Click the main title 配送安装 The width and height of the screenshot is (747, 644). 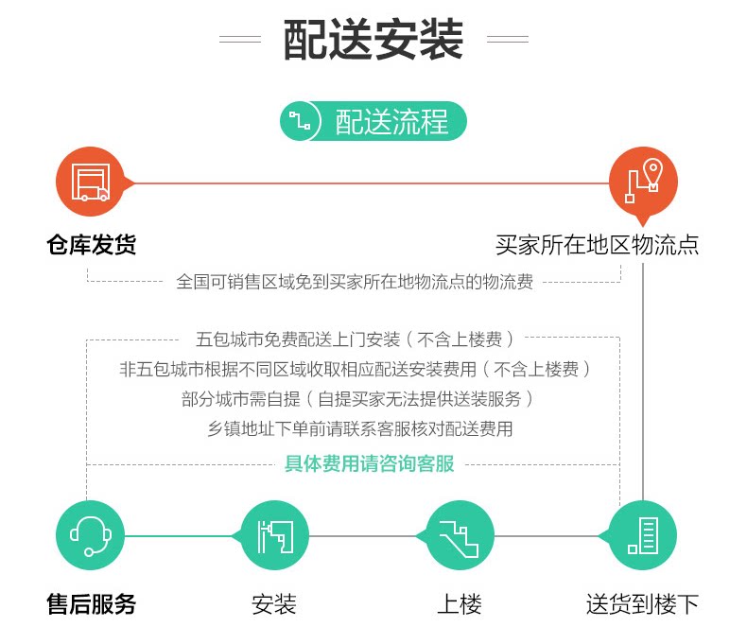coord(373,40)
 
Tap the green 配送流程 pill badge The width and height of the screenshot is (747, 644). coord(374,122)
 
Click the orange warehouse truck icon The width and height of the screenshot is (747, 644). coord(91,183)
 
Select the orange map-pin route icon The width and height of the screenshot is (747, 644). coord(642,183)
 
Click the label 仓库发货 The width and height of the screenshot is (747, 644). coord(91,246)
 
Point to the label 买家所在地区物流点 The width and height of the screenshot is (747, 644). coord(597,246)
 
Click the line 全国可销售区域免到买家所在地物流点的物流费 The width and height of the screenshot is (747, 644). coord(355,282)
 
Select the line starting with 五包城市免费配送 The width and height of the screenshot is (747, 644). coord(355,338)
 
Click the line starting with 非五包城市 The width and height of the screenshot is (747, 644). coord(355,369)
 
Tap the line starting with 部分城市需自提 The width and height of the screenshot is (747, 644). coord(359,399)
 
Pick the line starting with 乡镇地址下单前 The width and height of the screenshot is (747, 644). coord(359,429)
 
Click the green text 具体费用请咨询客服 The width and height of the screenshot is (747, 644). coord(369,463)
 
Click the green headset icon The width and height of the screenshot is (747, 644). coord(91,535)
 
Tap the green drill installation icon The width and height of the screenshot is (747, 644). coord(275,535)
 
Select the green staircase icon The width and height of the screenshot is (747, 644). coord(460,535)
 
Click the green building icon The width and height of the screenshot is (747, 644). coord(642,535)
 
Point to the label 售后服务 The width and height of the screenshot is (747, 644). coord(91,604)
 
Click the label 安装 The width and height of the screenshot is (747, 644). coord(275,604)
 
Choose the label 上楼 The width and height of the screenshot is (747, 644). coord(460,604)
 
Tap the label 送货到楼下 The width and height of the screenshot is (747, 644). coord(642,604)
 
